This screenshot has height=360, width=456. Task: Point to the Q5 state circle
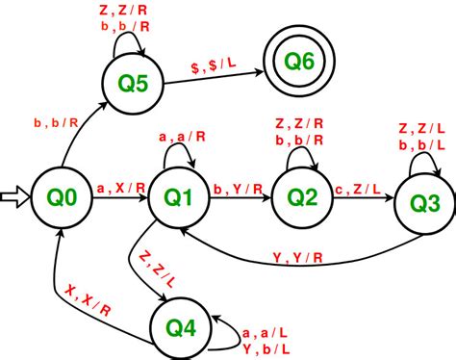133,83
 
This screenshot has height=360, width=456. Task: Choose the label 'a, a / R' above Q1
179,137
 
